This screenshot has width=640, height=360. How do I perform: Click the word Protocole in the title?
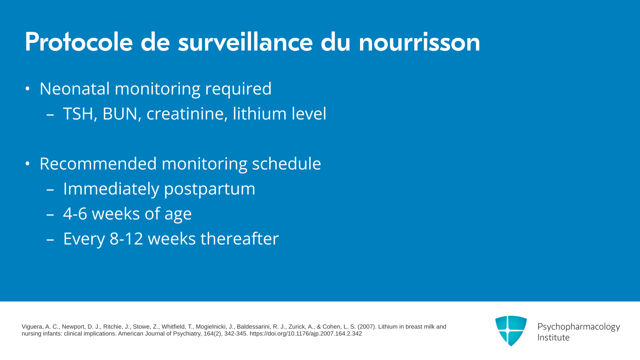coord(79,42)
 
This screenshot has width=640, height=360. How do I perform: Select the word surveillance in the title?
coord(245,42)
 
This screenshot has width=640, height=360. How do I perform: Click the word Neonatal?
coord(75,89)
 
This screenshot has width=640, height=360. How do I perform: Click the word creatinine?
coord(187,114)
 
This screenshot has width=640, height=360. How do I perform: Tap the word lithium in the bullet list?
coord(260,113)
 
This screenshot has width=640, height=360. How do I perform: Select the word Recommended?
coord(98,164)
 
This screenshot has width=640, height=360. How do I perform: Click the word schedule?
coord(286,164)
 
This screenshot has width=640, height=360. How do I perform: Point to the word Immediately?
coord(111,189)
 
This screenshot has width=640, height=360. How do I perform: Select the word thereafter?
coord(240,239)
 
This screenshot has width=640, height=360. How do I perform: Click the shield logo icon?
coord(511,331)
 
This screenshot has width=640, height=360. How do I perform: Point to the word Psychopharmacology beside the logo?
coord(579,327)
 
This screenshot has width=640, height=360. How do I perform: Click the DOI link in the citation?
coord(306,334)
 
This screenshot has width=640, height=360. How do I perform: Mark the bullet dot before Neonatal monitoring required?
coord(28,89)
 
